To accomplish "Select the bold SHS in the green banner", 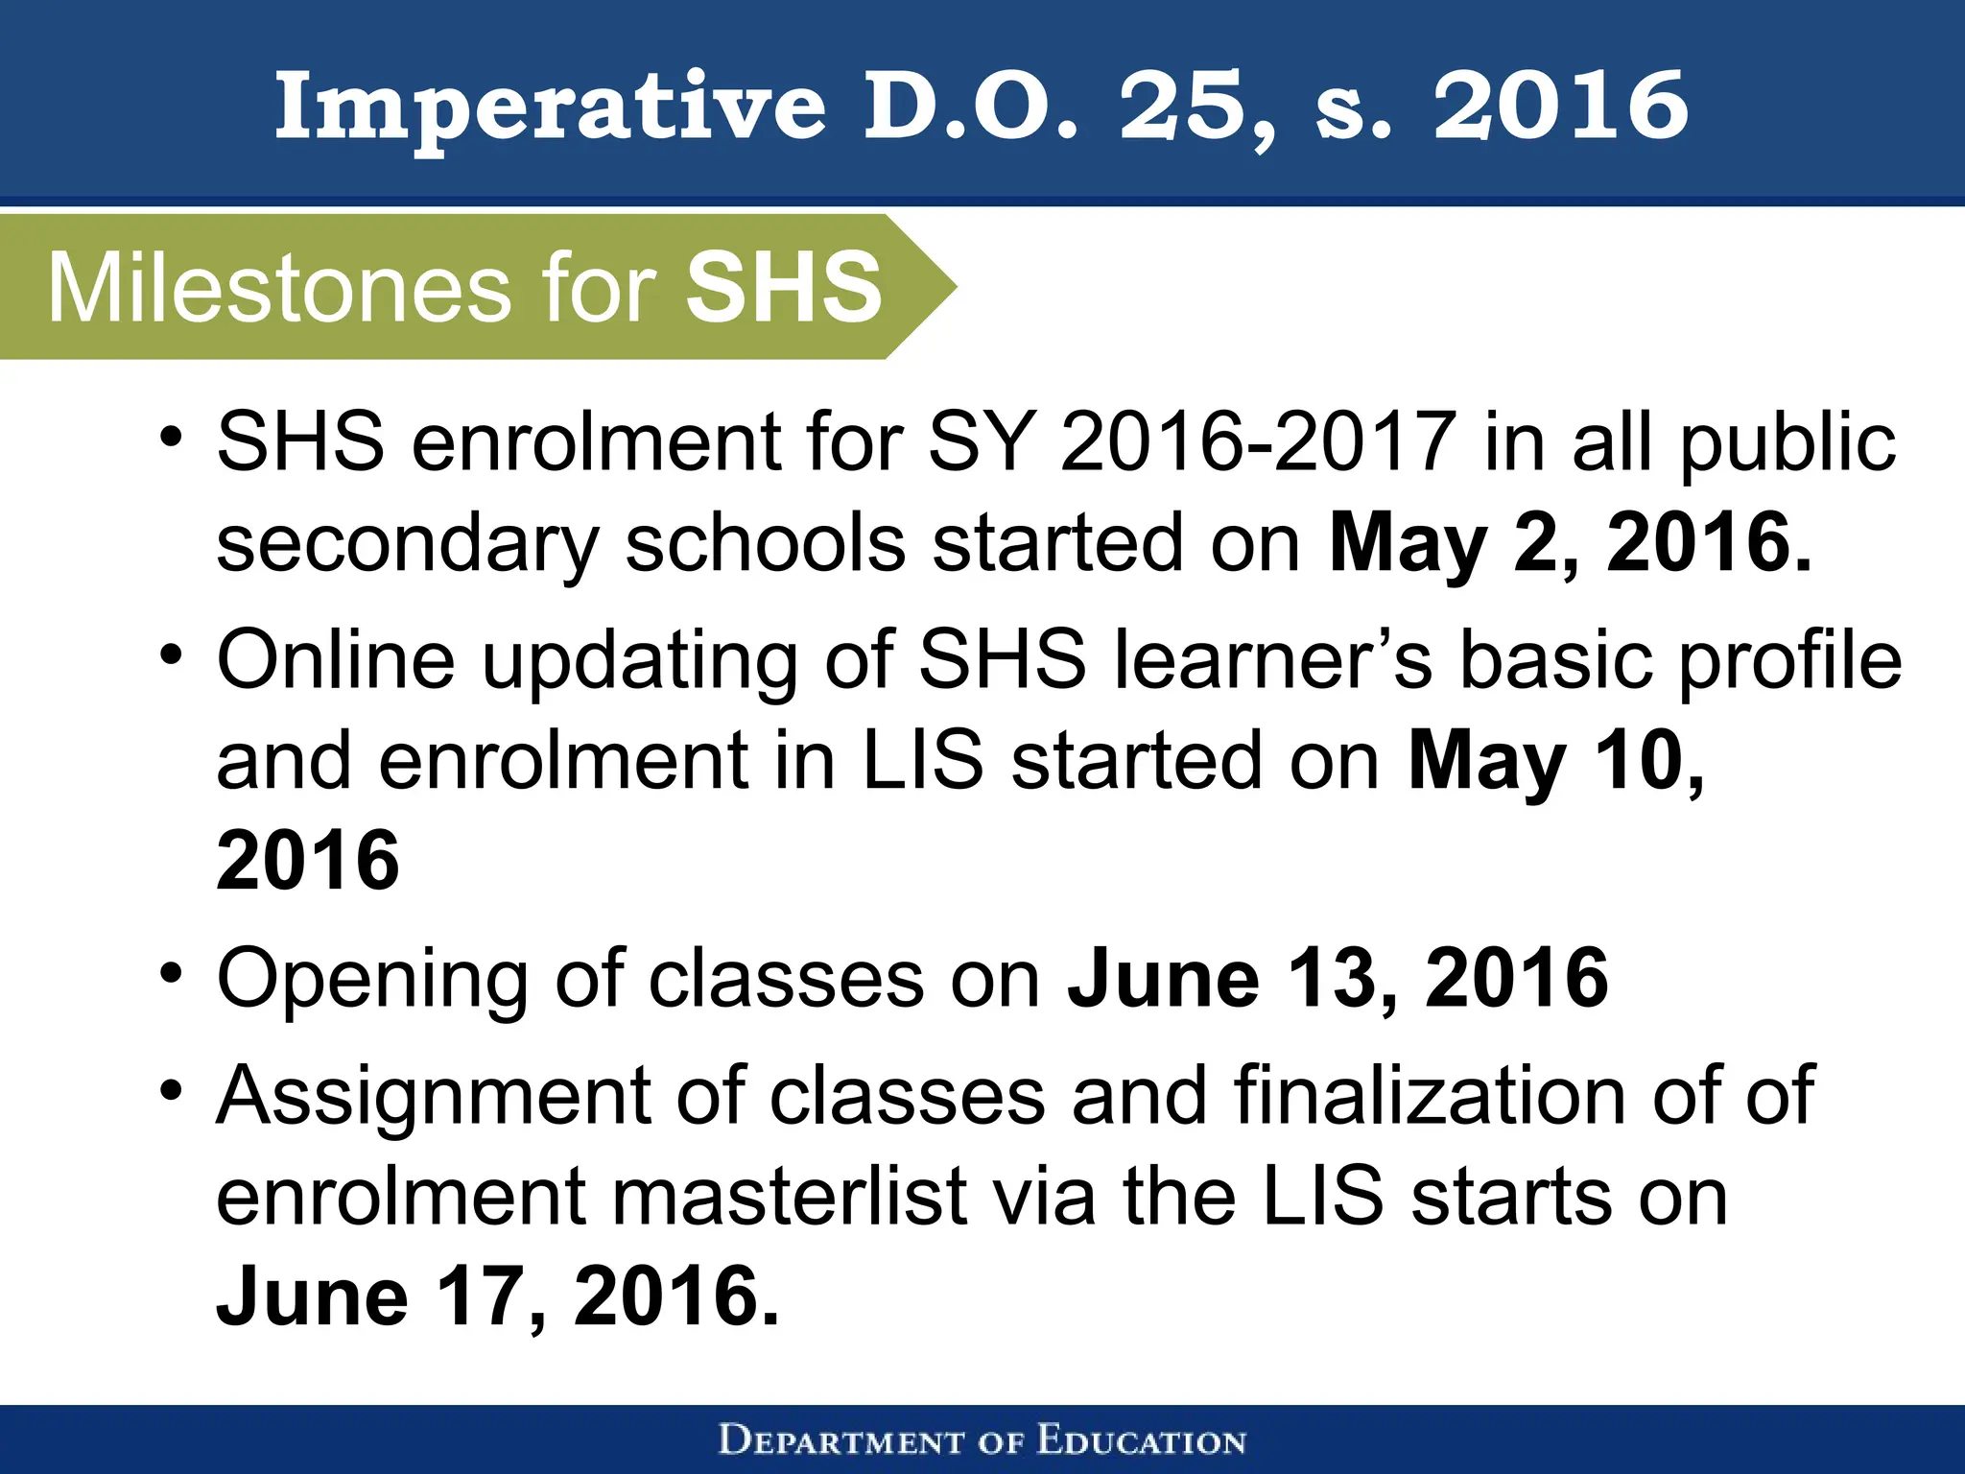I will [783, 286].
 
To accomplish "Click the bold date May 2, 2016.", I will [1570, 543].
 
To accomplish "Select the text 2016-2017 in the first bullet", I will [1258, 441].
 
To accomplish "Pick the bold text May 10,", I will [1555, 761].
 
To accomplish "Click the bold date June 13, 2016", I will [1338, 978].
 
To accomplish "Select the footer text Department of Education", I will [982, 1440].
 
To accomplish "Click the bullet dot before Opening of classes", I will [172, 973].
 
